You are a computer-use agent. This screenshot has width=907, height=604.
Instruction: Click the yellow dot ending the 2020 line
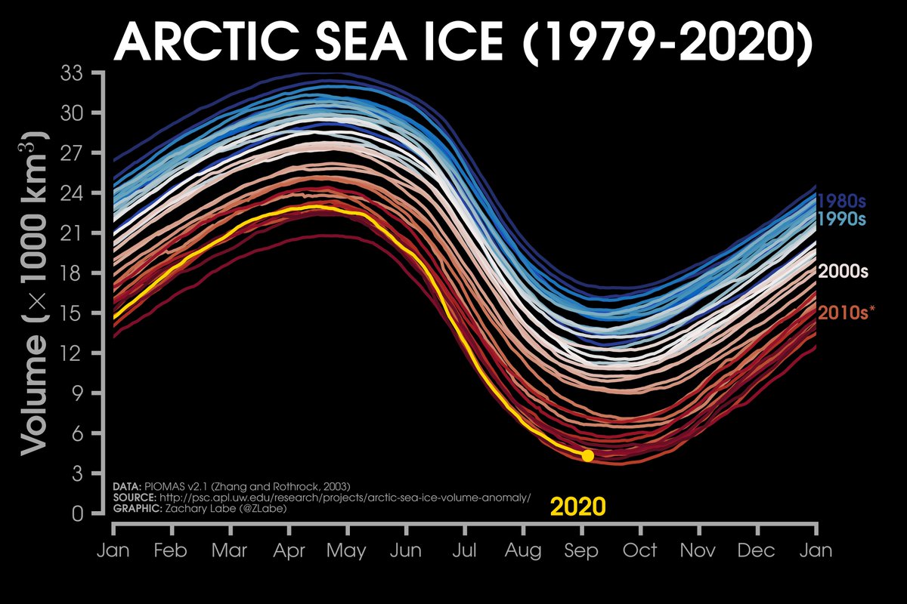[587, 455]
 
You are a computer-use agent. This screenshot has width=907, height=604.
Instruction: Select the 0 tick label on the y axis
[79, 514]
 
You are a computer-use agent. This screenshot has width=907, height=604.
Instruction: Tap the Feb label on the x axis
[171, 550]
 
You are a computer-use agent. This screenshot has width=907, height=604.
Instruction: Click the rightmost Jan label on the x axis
[816, 550]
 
